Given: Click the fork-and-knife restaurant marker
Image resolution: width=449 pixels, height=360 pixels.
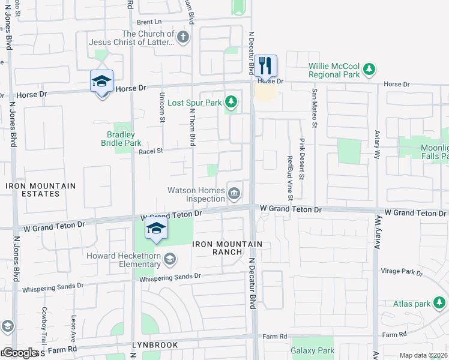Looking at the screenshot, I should (265, 65).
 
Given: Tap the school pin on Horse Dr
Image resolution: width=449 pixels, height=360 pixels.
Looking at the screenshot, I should (101, 82).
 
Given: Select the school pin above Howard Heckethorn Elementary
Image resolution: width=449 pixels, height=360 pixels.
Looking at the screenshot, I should (156, 228).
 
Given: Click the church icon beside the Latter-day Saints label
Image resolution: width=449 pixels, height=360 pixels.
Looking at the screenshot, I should (182, 38).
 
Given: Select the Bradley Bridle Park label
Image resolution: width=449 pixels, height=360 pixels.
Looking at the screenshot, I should (121, 139).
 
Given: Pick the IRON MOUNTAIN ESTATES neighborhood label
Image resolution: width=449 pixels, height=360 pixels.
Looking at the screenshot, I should (41, 190).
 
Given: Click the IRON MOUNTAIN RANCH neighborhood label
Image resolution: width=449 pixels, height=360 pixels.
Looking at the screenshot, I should (227, 248).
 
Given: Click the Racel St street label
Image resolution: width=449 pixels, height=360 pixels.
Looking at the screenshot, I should (151, 152).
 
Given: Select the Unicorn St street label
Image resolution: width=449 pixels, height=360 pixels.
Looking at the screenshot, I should (162, 107).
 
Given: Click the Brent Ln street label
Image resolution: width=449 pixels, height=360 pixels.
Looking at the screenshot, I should (149, 22).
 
